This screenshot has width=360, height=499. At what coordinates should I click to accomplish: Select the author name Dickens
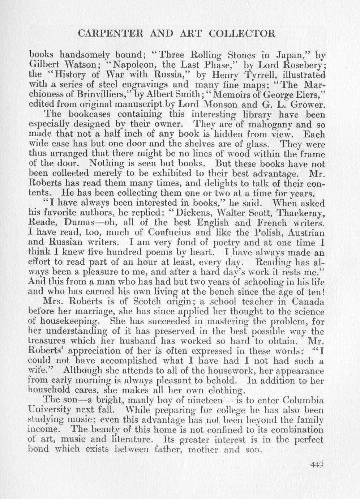coord(188,213)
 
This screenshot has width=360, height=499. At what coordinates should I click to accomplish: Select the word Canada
coord(306,302)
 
